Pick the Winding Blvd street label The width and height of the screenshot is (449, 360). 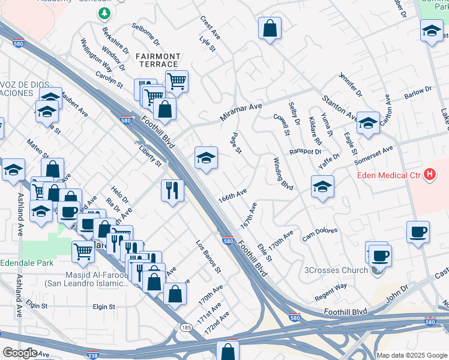(283, 174)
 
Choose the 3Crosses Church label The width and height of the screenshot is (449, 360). (337, 270)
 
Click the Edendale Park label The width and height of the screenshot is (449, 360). (27, 263)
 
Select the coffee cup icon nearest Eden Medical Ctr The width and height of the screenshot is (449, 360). (418, 232)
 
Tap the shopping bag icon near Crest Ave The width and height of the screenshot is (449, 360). (270, 28)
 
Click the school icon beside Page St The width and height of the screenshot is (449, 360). (206, 158)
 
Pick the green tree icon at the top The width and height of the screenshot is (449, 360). (105, 13)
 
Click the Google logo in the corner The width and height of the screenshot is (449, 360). (19, 353)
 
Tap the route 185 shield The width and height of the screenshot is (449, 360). (186, 327)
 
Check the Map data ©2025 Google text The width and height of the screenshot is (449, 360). (412, 355)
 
